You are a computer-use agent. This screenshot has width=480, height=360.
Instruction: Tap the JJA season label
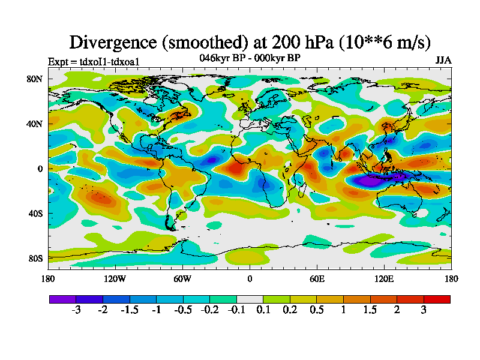coord(443,61)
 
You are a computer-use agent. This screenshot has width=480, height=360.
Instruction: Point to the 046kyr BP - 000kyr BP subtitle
coord(250,58)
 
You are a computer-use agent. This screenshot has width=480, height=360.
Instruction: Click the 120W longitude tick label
coord(115,278)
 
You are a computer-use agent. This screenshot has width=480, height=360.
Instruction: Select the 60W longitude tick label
coord(182,278)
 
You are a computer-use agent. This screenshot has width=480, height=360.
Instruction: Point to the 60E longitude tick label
coord(317,278)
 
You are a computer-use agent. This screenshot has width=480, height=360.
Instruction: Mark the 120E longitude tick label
coord(384,278)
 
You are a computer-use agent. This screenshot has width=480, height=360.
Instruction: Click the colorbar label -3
coord(76,310)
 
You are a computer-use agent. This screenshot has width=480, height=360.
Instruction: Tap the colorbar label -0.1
coord(236,310)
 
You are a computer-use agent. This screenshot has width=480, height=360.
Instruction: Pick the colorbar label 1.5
coord(370,310)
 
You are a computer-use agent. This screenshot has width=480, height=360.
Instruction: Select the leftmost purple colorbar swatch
coord(62,299)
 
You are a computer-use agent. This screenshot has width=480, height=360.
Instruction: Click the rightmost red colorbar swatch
coord(437,299)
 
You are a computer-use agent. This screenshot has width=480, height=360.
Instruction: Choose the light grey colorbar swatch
coord(250,299)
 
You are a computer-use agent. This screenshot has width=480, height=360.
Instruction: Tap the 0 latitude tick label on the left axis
coord(40,169)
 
